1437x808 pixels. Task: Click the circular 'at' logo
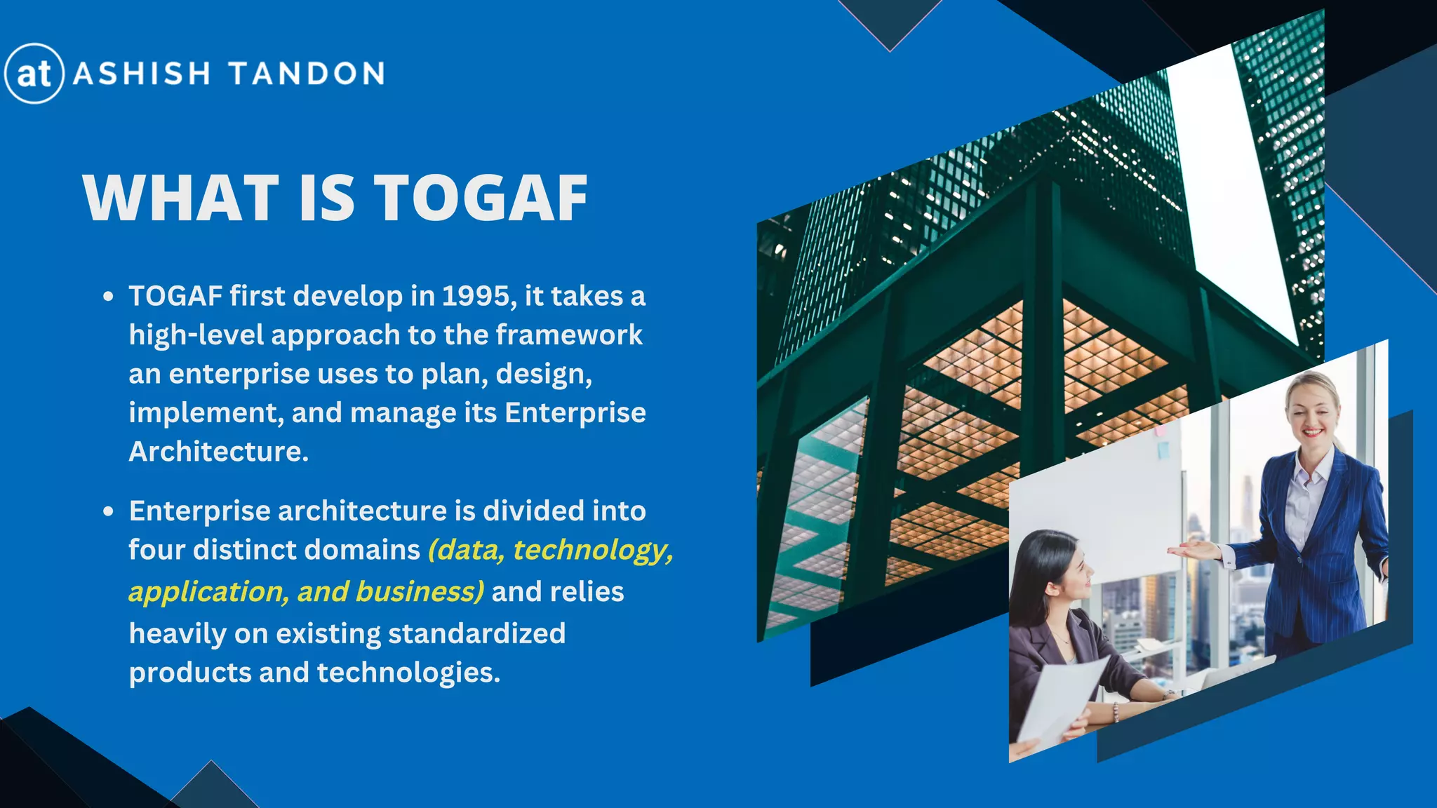pyautogui.click(x=34, y=74)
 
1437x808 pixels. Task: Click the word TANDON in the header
pyautogui.click(x=307, y=74)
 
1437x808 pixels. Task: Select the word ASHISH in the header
pyautogui.click(x=142, y=74)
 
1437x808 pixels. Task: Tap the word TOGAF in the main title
pyautogui.click(x=481, y=198)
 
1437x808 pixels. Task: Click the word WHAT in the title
pyautogui.click(x=181, y=198)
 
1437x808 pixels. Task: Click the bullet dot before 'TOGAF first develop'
pyautogui.click(x=107, y=297)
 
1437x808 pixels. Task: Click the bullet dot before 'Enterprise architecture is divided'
pyautogui.click(x=107, y=511)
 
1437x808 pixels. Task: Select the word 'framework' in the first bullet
pyautogui.click(x=569, y=335)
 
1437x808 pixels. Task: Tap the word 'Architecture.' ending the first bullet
pyautogui.click(x=219, y=451)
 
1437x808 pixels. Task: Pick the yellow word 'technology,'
pyautogui.click(x=593, y=550)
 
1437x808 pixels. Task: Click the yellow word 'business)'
pyautogui.click(x=420, y=591)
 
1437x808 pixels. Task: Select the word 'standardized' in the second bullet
pyautogui.click(x=476, y=633)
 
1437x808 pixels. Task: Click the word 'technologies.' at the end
pyautogui.click(x=408, y=672)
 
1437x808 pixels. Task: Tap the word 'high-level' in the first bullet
pyautogui.click(x=196, y=335)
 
